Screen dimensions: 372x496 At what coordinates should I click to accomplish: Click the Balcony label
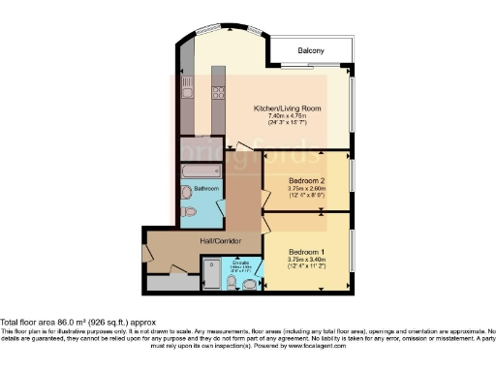tap(310, 50)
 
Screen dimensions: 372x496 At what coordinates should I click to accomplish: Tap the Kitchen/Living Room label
tap(287, 108)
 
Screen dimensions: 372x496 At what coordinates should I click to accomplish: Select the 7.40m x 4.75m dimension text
tap(287, 116)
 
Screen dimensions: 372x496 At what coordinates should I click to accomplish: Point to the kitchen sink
tap(187, 96)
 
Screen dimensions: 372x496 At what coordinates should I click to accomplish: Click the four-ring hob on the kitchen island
tap(217, 94)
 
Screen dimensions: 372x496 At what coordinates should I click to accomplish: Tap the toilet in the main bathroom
tap(189, 211)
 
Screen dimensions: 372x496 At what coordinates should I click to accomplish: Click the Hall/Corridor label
tap(220, 240)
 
